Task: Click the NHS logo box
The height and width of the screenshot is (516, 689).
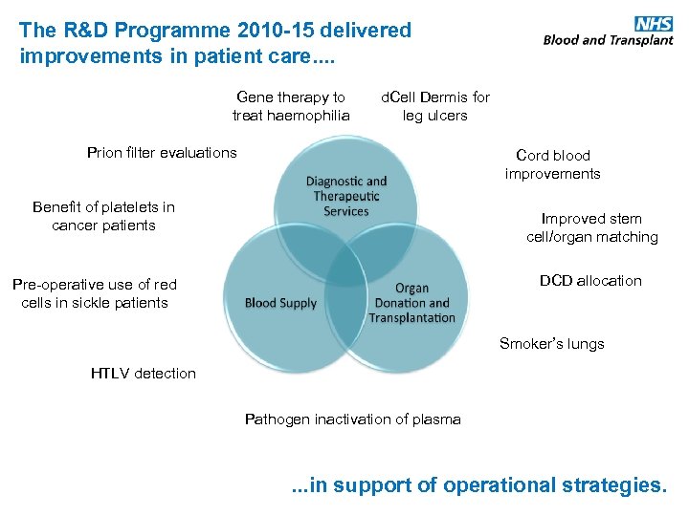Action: tap(654, 24)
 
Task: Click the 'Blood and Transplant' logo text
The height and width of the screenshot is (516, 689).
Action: tap(608, 40)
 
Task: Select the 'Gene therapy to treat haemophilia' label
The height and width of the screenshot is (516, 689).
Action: tap(291, 106)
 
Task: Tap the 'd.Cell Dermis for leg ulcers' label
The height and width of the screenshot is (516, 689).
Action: tap(435, 106)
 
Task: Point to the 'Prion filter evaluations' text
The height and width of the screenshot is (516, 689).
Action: tap(162, 153)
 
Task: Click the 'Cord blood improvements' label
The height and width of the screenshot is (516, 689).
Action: tap(553, 164)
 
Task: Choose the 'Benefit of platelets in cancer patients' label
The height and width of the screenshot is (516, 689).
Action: tap(103, 216)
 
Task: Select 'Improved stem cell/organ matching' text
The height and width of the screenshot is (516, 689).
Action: tap(591, 227)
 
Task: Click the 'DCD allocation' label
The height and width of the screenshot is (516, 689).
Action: tap(590, 281)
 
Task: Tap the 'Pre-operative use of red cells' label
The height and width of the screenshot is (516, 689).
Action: tap(94, 293)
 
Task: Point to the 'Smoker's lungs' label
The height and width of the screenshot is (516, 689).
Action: tap(552, 344)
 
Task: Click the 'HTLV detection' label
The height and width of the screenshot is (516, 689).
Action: tap(144, 374)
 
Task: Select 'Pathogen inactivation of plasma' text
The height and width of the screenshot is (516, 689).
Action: tap(353, 419)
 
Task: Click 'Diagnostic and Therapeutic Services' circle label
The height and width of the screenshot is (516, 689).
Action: tap(346, 196)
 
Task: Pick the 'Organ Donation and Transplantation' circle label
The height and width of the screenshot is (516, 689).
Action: tap(412, 303)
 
